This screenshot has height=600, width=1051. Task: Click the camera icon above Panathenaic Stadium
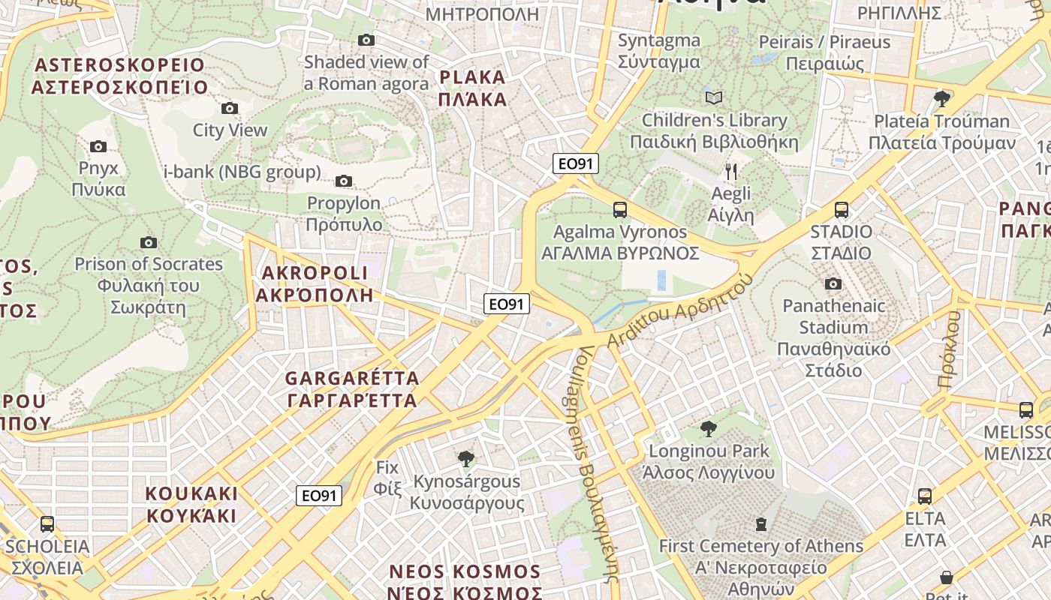pos(833,283)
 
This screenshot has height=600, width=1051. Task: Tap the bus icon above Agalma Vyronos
pos(620,210)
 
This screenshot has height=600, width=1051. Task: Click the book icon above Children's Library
pos(714,98)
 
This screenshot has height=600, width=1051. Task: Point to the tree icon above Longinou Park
pos(708,429)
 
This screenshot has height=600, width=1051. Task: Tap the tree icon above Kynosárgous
pos(466,458)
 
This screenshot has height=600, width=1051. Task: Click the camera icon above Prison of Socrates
pos(149,242)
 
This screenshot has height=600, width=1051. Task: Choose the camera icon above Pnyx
pos(98,146)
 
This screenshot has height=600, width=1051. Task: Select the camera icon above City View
pos(230,109)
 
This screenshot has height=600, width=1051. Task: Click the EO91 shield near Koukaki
pos(319,496)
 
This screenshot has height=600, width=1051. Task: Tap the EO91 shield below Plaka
pos(576,163)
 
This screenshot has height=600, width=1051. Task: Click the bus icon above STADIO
pos(842,210)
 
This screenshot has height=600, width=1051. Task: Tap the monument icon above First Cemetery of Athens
pos(761,523)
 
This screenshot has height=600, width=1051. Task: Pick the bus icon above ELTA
pos(925,496)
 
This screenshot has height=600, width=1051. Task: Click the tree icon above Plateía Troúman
pos(942,98)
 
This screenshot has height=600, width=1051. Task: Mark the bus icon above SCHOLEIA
pos(47,524)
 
